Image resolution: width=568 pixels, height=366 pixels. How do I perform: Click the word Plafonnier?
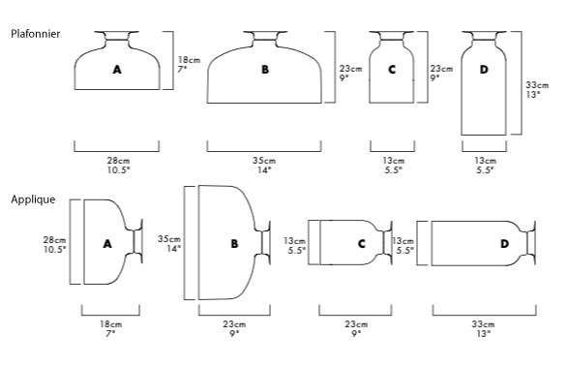[x=36, y=34]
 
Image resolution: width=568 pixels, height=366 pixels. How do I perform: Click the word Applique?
[x=33, y=199]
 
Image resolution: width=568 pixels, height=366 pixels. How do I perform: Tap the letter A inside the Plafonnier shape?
[x=117, y=69]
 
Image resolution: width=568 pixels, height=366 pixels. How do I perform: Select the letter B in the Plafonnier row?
[x=265, y=69]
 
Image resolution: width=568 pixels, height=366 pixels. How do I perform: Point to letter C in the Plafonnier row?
[x=392, y=69]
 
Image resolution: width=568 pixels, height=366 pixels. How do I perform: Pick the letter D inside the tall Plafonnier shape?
[x=484, y=69]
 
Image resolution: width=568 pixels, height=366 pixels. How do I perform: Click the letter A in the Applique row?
[x=107, y=244]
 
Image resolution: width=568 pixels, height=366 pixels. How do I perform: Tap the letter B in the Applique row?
[x=235, y=244]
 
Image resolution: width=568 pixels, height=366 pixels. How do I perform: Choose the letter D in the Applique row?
[x=504, y=244]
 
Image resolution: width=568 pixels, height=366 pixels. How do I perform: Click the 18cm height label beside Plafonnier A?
[x=189, y=60]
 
